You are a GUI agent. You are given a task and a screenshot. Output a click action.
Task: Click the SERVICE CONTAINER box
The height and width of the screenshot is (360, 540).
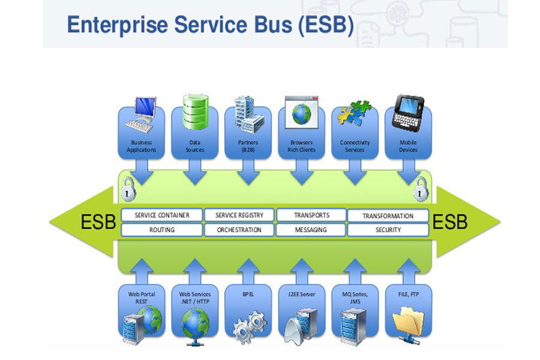click(x=162, y=215)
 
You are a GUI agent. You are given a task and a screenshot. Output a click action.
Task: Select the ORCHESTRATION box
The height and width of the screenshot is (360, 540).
click(x=239, y=229)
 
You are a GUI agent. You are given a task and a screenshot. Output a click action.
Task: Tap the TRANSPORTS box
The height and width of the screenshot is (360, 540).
click(x=311, y=215)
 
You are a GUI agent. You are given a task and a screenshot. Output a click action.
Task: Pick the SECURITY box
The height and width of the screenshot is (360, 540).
click(x=388, y=229)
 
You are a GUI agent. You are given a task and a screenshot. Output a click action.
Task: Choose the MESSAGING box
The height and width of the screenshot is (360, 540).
click(x=311, y=229)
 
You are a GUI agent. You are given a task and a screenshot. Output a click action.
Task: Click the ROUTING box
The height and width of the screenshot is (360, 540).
click(x=162, y=229)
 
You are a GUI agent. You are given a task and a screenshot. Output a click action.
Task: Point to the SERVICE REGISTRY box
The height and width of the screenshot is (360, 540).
click(x=239, y=215)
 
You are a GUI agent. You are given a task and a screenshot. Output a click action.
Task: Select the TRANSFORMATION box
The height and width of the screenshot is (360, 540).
click(x=388, y=215)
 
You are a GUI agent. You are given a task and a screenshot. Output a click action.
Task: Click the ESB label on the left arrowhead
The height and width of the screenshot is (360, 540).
click(x=98, y=223)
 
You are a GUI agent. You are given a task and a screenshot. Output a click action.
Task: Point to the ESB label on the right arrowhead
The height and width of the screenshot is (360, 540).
click(x=450, y=223)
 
